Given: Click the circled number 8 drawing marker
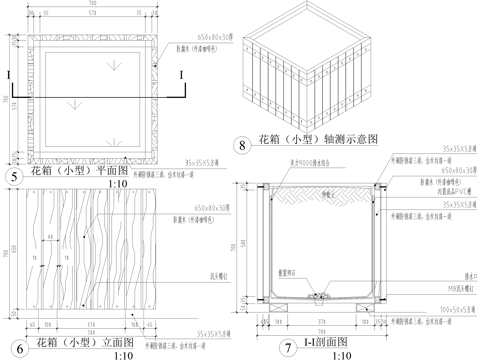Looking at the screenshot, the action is click(x=243, y=145).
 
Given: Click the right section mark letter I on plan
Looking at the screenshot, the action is click(x=181, y=75).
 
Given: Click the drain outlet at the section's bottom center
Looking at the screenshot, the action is click(x=322, y=296).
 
